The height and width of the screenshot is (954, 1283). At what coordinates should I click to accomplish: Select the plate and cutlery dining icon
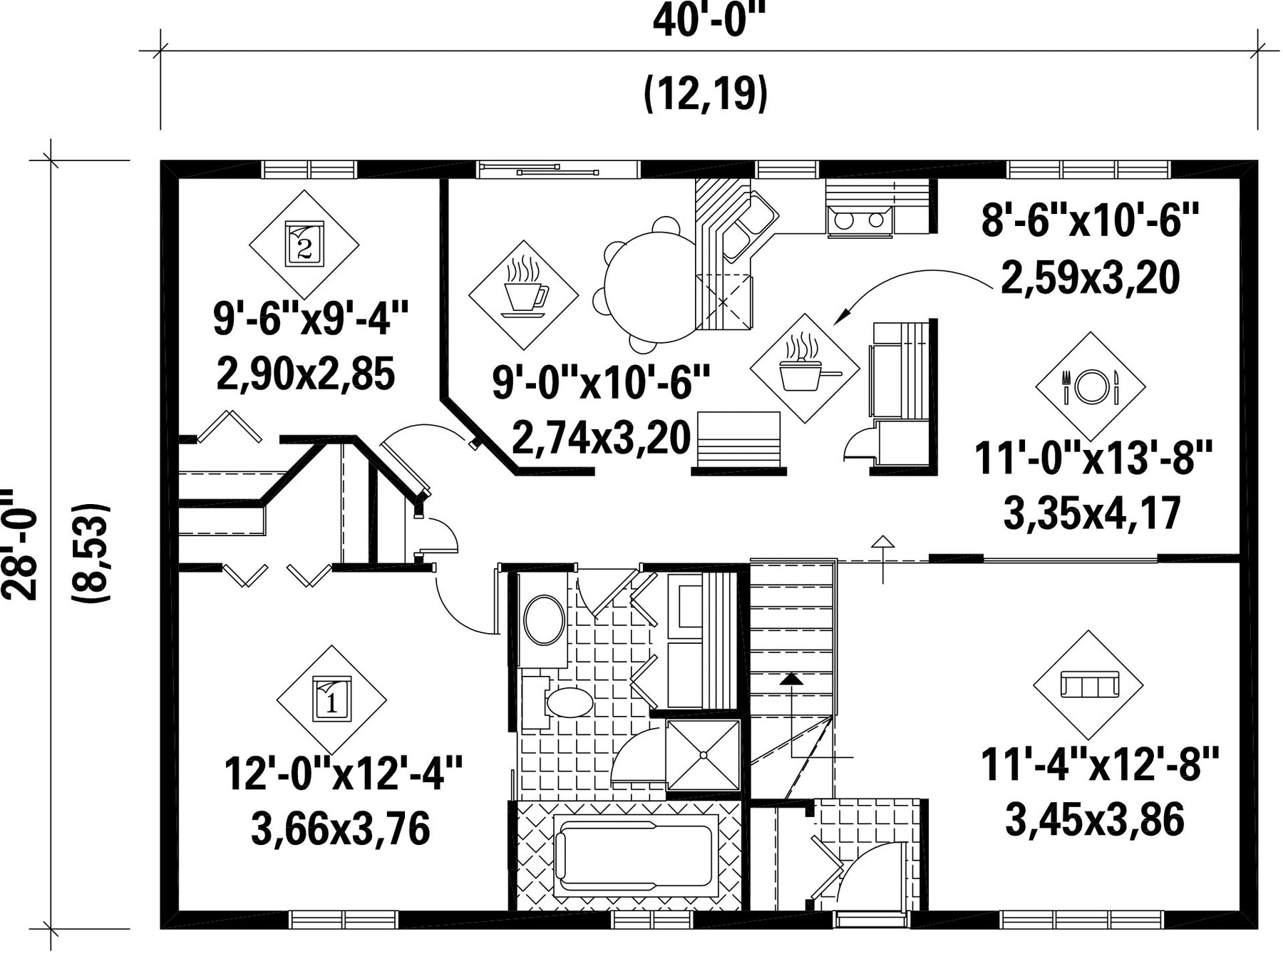tap(1091, 386)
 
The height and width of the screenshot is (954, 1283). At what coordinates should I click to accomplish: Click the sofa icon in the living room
tap(1089, 685)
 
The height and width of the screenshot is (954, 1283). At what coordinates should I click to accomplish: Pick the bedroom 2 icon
tap(304, 243)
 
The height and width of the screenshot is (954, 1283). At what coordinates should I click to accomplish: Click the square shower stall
tap(704, 755)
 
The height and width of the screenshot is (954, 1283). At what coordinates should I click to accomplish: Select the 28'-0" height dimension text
tap(20, 544)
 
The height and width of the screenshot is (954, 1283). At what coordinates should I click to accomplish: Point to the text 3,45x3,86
tap(1095, 819)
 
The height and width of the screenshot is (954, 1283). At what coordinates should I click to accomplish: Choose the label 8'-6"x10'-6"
tap(1091, 220)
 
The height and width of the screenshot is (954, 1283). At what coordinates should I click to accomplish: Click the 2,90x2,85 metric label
tap(305, 374)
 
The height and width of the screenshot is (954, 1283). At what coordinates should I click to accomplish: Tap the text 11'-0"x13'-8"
tap(1093, 457)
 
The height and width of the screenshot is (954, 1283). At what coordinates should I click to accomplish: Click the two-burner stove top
tap(860, 220)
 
